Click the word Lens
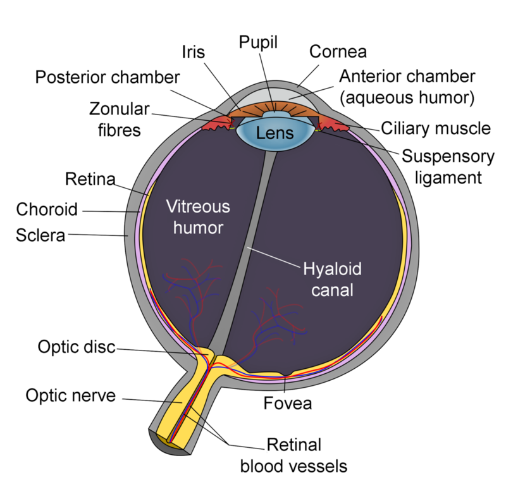click(x=274, y=133)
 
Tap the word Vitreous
click(x=197, y=206)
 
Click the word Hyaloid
click(x=332, y=270)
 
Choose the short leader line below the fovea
click(x=285, y=385)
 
